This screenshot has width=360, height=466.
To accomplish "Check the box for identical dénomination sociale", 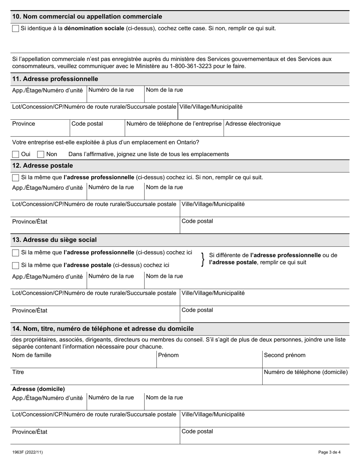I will point(16,28).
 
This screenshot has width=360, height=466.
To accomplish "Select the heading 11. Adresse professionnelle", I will point(55,79).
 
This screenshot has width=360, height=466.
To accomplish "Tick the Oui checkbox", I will point(16,154).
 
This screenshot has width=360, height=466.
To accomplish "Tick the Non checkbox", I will point(41,154).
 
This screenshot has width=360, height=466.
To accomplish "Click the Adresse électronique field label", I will point(253,124).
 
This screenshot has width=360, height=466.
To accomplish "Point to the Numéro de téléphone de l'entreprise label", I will point(174,124).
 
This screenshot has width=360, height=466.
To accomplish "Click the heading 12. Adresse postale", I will point(42,166).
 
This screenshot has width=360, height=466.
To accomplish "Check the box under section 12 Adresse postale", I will point(16,178).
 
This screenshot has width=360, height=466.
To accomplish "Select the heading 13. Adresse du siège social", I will point(54,240).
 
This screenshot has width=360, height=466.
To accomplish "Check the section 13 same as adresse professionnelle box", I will point(16,253).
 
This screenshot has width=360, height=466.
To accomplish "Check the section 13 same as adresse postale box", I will point(16,265).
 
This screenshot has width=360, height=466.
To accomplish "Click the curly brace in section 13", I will point(203,259).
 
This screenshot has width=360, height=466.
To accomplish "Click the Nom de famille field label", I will point(32,355).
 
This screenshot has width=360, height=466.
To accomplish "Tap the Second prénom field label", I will point(284,355).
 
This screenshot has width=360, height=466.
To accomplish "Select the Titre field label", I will point(18,372).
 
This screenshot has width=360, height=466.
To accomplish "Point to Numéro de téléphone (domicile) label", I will point(305,372).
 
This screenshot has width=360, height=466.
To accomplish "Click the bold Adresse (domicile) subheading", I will point(38,389).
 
